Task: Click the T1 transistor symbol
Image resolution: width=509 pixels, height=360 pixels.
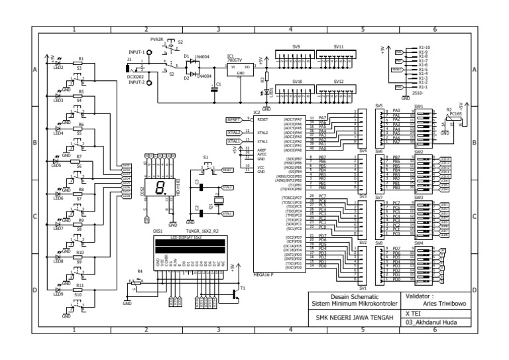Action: tap(236, 293)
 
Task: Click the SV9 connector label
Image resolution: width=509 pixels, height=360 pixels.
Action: tap(296, 47)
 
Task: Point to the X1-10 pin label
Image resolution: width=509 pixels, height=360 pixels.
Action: tap(425, 48)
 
